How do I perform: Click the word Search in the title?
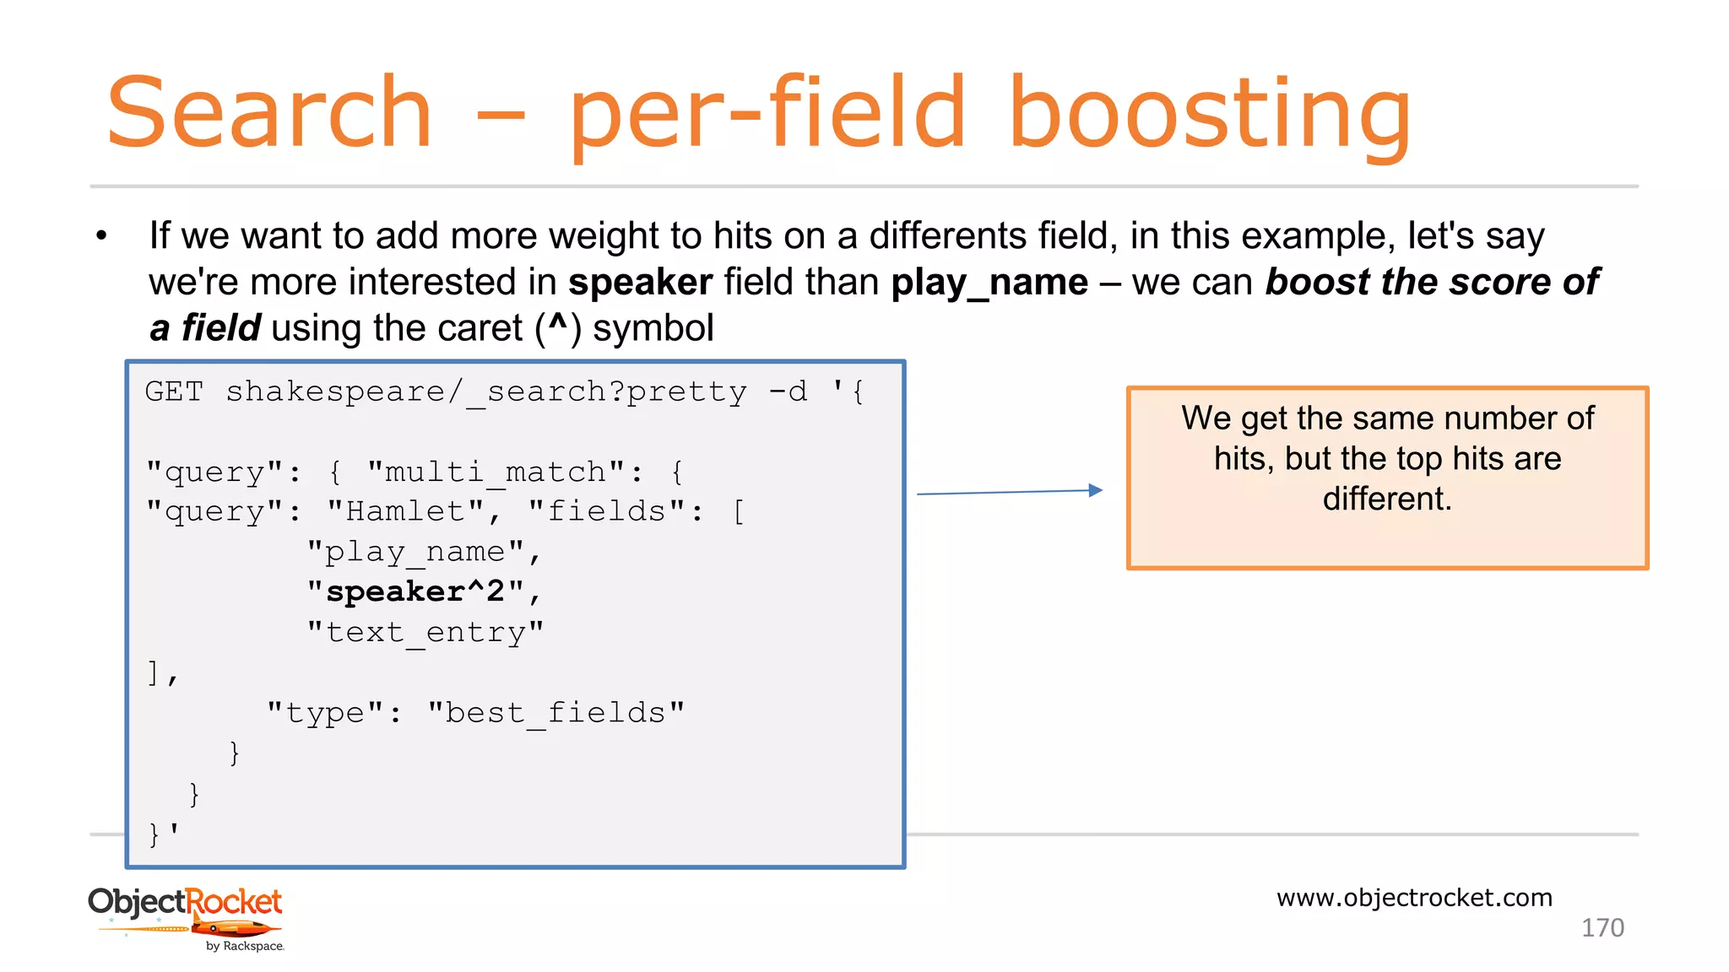(x=268, y=113)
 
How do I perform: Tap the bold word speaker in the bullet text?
(x=640, y=282)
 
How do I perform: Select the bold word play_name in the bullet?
(x=989, y=283)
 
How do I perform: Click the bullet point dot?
(x=101, y=236)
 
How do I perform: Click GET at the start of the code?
(x=174, y=391)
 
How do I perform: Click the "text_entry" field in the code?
(x=425, y=632)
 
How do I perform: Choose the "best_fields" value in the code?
(x=556, y=713)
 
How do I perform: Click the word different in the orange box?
(x=1386, y=499)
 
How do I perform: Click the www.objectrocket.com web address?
(x=1414, y=898)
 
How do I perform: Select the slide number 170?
(x=1602, y=928)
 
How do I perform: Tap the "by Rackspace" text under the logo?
(x=245, y=947)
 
